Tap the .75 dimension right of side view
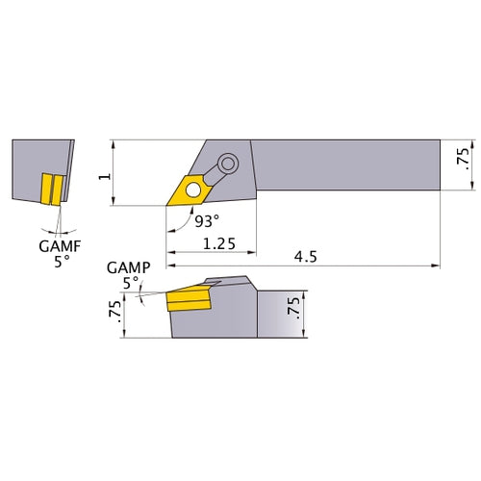[294, 311]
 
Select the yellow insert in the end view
[50, 188]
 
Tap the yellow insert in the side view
[189, 301]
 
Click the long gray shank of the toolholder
[346, 167]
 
